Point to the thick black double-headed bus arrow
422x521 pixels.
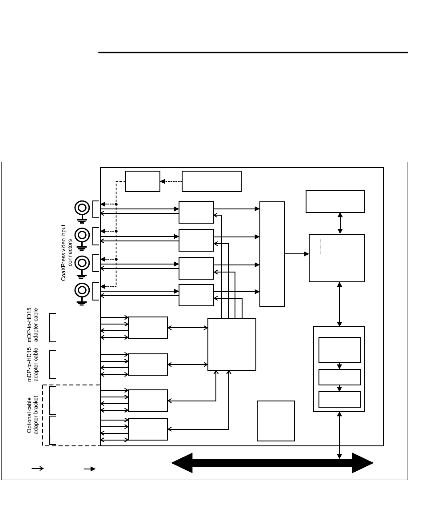[x=272, y=463]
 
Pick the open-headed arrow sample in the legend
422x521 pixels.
[x=37, y=468]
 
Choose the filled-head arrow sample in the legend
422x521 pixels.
[x=90, y=468]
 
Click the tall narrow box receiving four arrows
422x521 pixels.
[x=272, y=254]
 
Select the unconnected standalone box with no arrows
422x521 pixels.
[x=275, y=421]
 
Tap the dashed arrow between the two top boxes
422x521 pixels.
[x=171, y=181]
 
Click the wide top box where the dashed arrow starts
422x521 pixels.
[x=211, y=181]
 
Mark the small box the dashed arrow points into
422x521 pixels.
[x=143, y=181]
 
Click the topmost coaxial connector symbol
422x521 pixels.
[x=81, y=208]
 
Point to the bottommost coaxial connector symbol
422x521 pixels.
[x=81, y=291]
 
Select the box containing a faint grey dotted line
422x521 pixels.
[x=336, y=258]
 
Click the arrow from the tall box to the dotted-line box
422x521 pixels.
[x=297, y=254]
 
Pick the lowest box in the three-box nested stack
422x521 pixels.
[x=339, y=399]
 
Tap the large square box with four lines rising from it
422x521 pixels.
[x=232, y=344]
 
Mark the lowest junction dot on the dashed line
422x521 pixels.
[x=116, y=259]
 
